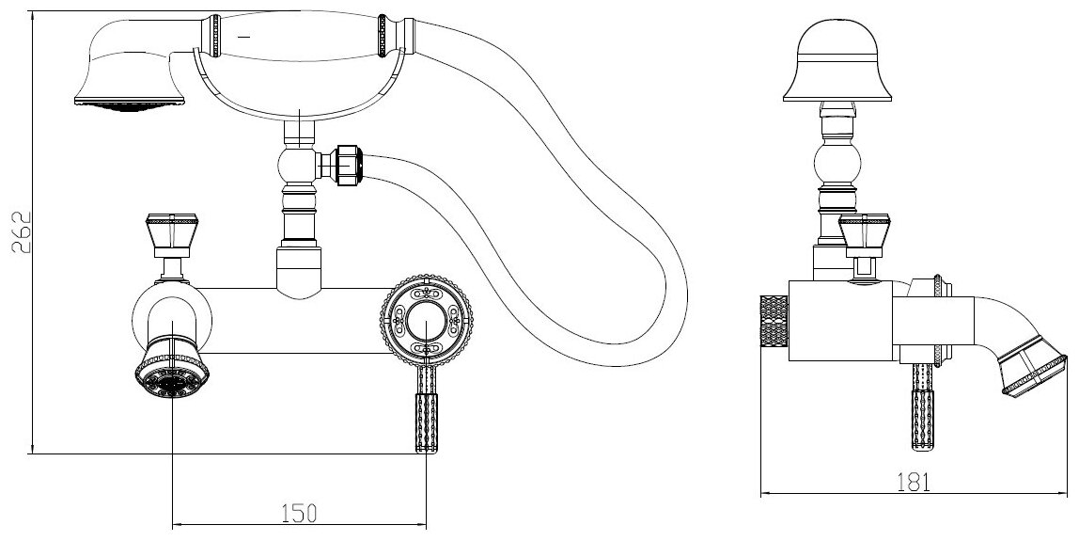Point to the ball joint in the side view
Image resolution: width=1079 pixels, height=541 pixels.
point(837,161)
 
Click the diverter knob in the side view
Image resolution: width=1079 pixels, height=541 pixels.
point(862,234)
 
